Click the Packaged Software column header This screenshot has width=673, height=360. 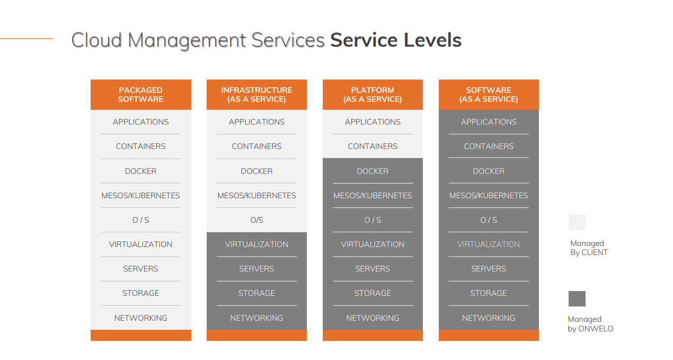140,94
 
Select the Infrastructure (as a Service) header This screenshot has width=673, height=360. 256,94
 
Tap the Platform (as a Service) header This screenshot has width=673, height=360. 373,94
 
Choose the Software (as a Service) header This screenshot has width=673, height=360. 489,94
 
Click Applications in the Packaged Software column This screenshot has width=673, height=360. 140,122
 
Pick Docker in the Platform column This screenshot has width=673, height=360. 373,171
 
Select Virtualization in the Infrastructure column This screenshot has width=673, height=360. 256,244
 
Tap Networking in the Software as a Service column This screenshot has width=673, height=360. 489,318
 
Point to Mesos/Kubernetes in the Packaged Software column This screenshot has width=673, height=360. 140,196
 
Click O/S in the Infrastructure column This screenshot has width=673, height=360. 256,220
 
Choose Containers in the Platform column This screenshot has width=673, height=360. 373,146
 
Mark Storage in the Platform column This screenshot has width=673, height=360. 373,293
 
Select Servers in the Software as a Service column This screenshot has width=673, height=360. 489,269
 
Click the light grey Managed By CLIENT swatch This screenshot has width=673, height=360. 577,222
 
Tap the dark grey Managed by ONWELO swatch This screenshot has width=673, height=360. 577,298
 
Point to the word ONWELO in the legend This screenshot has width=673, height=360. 595,329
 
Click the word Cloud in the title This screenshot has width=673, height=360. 97,40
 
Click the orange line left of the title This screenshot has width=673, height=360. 26,38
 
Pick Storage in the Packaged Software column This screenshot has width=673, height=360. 140,293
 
